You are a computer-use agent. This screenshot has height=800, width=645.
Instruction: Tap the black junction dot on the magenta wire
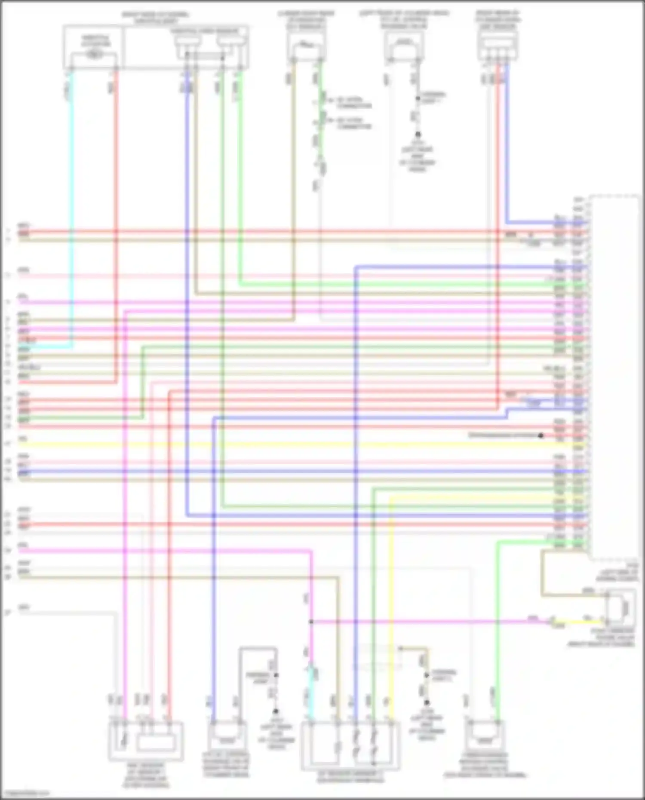pos(311,622)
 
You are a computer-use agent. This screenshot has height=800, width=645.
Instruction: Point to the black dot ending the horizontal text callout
pos(541,435)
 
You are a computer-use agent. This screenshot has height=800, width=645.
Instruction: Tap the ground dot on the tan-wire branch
pos(427,702)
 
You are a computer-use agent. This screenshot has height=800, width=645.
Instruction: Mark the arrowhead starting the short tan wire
pos(400,648)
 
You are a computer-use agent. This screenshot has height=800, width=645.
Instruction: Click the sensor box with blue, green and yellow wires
pos(350,746)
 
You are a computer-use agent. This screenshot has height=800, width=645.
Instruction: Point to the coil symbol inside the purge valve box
pos(625,608)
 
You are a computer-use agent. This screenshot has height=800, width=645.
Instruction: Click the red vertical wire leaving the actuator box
pos(116,215)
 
